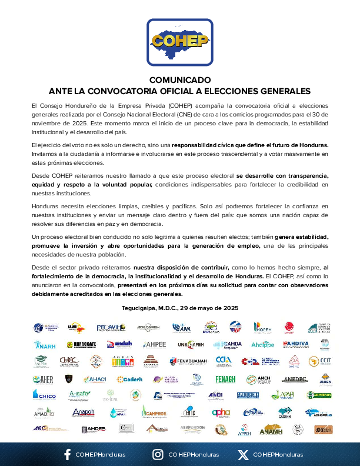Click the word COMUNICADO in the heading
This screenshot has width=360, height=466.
[179, 79]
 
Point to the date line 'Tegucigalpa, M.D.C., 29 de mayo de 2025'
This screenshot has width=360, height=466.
[179, 308]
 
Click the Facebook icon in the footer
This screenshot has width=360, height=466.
[67, 454]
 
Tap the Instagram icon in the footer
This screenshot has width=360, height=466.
[158, 454]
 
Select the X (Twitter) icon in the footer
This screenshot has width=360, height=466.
[243, 454]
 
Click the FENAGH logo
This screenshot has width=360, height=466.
[225, 379]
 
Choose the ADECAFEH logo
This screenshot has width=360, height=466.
[148, 327]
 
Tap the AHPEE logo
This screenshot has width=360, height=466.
[154, 344]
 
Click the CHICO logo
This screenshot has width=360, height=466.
[44, 395]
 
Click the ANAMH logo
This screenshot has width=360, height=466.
[271, 429]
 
